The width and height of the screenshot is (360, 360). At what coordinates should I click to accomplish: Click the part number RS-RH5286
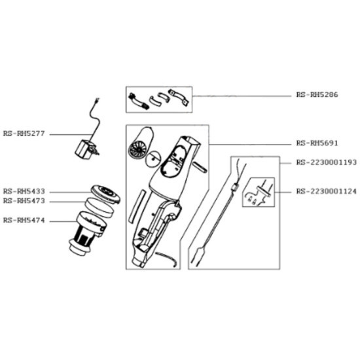click(317, 95)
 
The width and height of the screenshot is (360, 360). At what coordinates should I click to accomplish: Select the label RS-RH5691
click(317, 143)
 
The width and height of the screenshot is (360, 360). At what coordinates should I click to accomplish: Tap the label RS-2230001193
click(326, 162)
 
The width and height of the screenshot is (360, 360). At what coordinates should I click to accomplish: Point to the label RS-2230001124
click(326, 191)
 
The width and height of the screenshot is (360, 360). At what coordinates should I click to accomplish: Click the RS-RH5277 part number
click(24, 134)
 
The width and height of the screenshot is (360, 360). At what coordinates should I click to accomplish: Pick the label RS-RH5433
click(24, 191)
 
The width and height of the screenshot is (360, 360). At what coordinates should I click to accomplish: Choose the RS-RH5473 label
click(24, 201)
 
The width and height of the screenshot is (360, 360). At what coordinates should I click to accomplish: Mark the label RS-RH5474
click(24, 221)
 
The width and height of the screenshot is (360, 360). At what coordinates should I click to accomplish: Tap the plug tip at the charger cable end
click(98, 99)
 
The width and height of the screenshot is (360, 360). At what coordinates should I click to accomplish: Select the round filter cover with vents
click(105, 194)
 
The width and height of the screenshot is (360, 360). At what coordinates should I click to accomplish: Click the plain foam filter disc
click(99, 207)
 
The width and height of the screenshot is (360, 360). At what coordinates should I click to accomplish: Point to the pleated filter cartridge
click(88, 234)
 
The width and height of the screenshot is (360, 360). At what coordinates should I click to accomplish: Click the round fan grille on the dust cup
click(137, 149)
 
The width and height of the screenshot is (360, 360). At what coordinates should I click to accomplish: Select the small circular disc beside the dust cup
click(153, 158)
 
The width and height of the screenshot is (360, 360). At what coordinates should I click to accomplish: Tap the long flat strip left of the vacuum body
click(137, 206)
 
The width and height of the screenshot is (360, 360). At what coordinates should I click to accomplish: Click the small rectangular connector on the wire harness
click(235, 187)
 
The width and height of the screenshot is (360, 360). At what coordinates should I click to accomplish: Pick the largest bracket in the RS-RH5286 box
click(179, 98)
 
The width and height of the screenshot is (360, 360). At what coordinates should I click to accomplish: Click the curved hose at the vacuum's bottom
click(166, 259)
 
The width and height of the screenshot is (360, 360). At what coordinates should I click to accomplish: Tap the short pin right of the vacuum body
click(200, 166)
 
